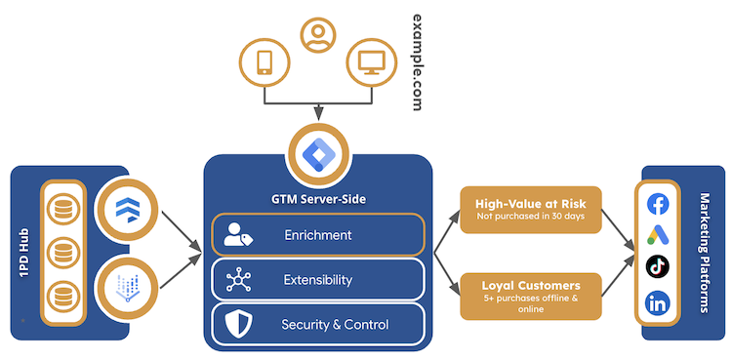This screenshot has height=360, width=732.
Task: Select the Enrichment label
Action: [318, 235]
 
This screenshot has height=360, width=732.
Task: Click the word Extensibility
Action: [317, 280]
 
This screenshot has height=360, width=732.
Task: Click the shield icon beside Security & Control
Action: [237, 324]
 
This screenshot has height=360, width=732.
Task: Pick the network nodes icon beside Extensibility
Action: [237, 280]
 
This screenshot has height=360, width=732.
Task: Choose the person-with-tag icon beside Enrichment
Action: [237, 235]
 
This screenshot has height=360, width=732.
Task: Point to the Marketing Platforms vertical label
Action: [707, 251]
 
